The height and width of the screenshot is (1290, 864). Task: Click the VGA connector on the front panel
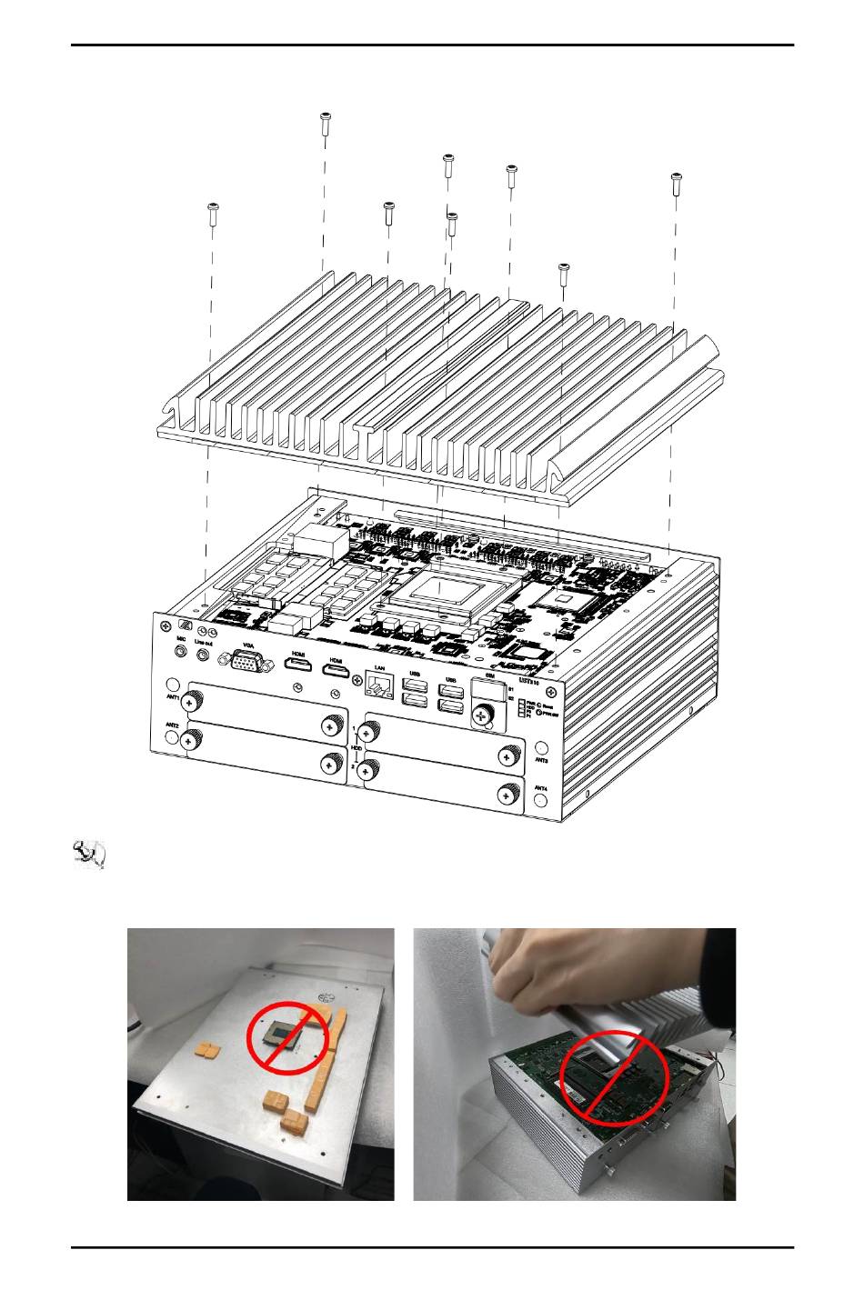pos(245,663)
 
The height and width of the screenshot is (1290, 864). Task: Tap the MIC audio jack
pos(180,652)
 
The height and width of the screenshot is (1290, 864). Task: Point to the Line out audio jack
pos(204,654)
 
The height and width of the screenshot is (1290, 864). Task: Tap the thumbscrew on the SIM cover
pos(482,715)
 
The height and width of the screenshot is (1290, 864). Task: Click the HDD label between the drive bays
pos(357,747)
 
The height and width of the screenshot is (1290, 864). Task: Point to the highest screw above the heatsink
pos(325,123)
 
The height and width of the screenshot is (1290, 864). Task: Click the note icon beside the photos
pos(89,855)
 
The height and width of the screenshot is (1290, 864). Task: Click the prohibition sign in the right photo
pos(614,1077)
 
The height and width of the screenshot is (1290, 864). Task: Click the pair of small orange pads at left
pos(208,1051)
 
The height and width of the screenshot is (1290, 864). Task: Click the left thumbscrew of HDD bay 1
pos(368,732)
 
